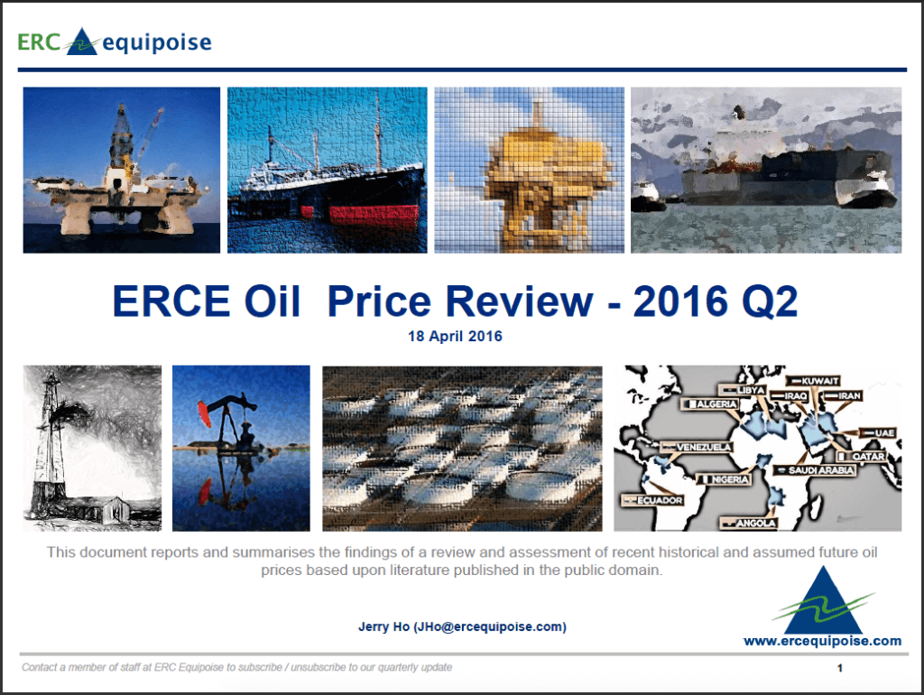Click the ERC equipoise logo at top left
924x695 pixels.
coord(115,42)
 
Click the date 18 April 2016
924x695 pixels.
coord(455,336)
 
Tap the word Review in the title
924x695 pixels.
coord(519,301)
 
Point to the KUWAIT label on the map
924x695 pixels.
coord(813,381)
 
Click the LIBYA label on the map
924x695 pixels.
coord(743,390)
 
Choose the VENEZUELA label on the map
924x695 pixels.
coord(697,447)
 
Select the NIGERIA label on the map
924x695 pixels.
coord(724,479)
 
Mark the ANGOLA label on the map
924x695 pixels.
coord(750,523)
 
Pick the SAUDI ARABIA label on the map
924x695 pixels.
coord(815,470)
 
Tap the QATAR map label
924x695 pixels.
coord(862,456)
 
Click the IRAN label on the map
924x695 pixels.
coord(843,395)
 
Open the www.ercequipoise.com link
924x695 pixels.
coord(822,641)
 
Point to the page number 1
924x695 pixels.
coord(840,668)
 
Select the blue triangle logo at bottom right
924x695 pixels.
coord(823,601)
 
